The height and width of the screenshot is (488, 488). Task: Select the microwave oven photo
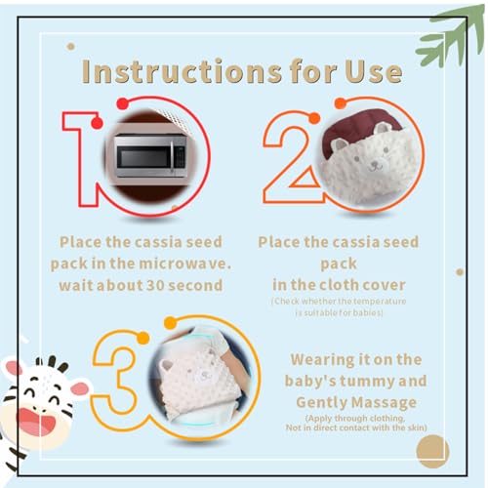click(151, 155)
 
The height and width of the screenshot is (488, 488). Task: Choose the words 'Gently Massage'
click(355, 402)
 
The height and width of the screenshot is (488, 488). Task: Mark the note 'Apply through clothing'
click(355, 418)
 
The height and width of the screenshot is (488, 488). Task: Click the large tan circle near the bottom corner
click(432, 450)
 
